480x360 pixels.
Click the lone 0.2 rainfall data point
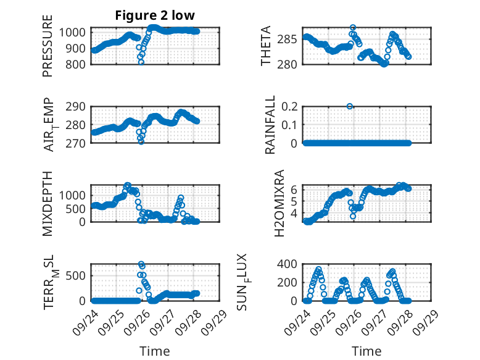pyautogui.click(x=350, y=106)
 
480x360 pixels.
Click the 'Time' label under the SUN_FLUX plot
pyautogui.click(x=366, y=351)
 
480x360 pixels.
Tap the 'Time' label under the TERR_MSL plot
pyautogui.click(x=155, y=351)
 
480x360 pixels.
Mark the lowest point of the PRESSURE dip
pyautogui.click(x=141, y=62)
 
